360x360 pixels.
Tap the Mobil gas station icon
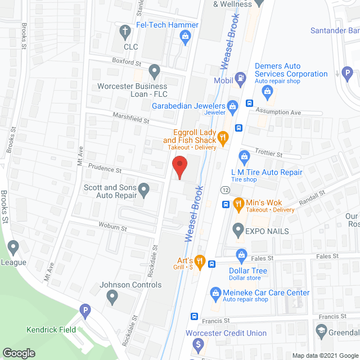tap(241, 78)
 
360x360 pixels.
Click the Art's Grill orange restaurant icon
tap(199, 260)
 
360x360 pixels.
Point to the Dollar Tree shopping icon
tap(241, 255)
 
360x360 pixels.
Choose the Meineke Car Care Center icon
tap(215, 292)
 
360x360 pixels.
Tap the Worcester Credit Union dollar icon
tap(198, 343)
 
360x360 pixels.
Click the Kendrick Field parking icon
tap(85, 310)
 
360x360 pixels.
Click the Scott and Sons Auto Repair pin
tap(144, 191)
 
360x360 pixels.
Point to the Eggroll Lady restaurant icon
tap(223, 136)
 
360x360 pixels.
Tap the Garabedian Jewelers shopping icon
tap(231, 106)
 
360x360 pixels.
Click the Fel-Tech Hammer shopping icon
tap(184, 37)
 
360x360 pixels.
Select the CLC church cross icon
tap(124, 32)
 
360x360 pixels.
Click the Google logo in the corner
tap(18, 353)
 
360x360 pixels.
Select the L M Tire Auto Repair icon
tap(244, 156)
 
